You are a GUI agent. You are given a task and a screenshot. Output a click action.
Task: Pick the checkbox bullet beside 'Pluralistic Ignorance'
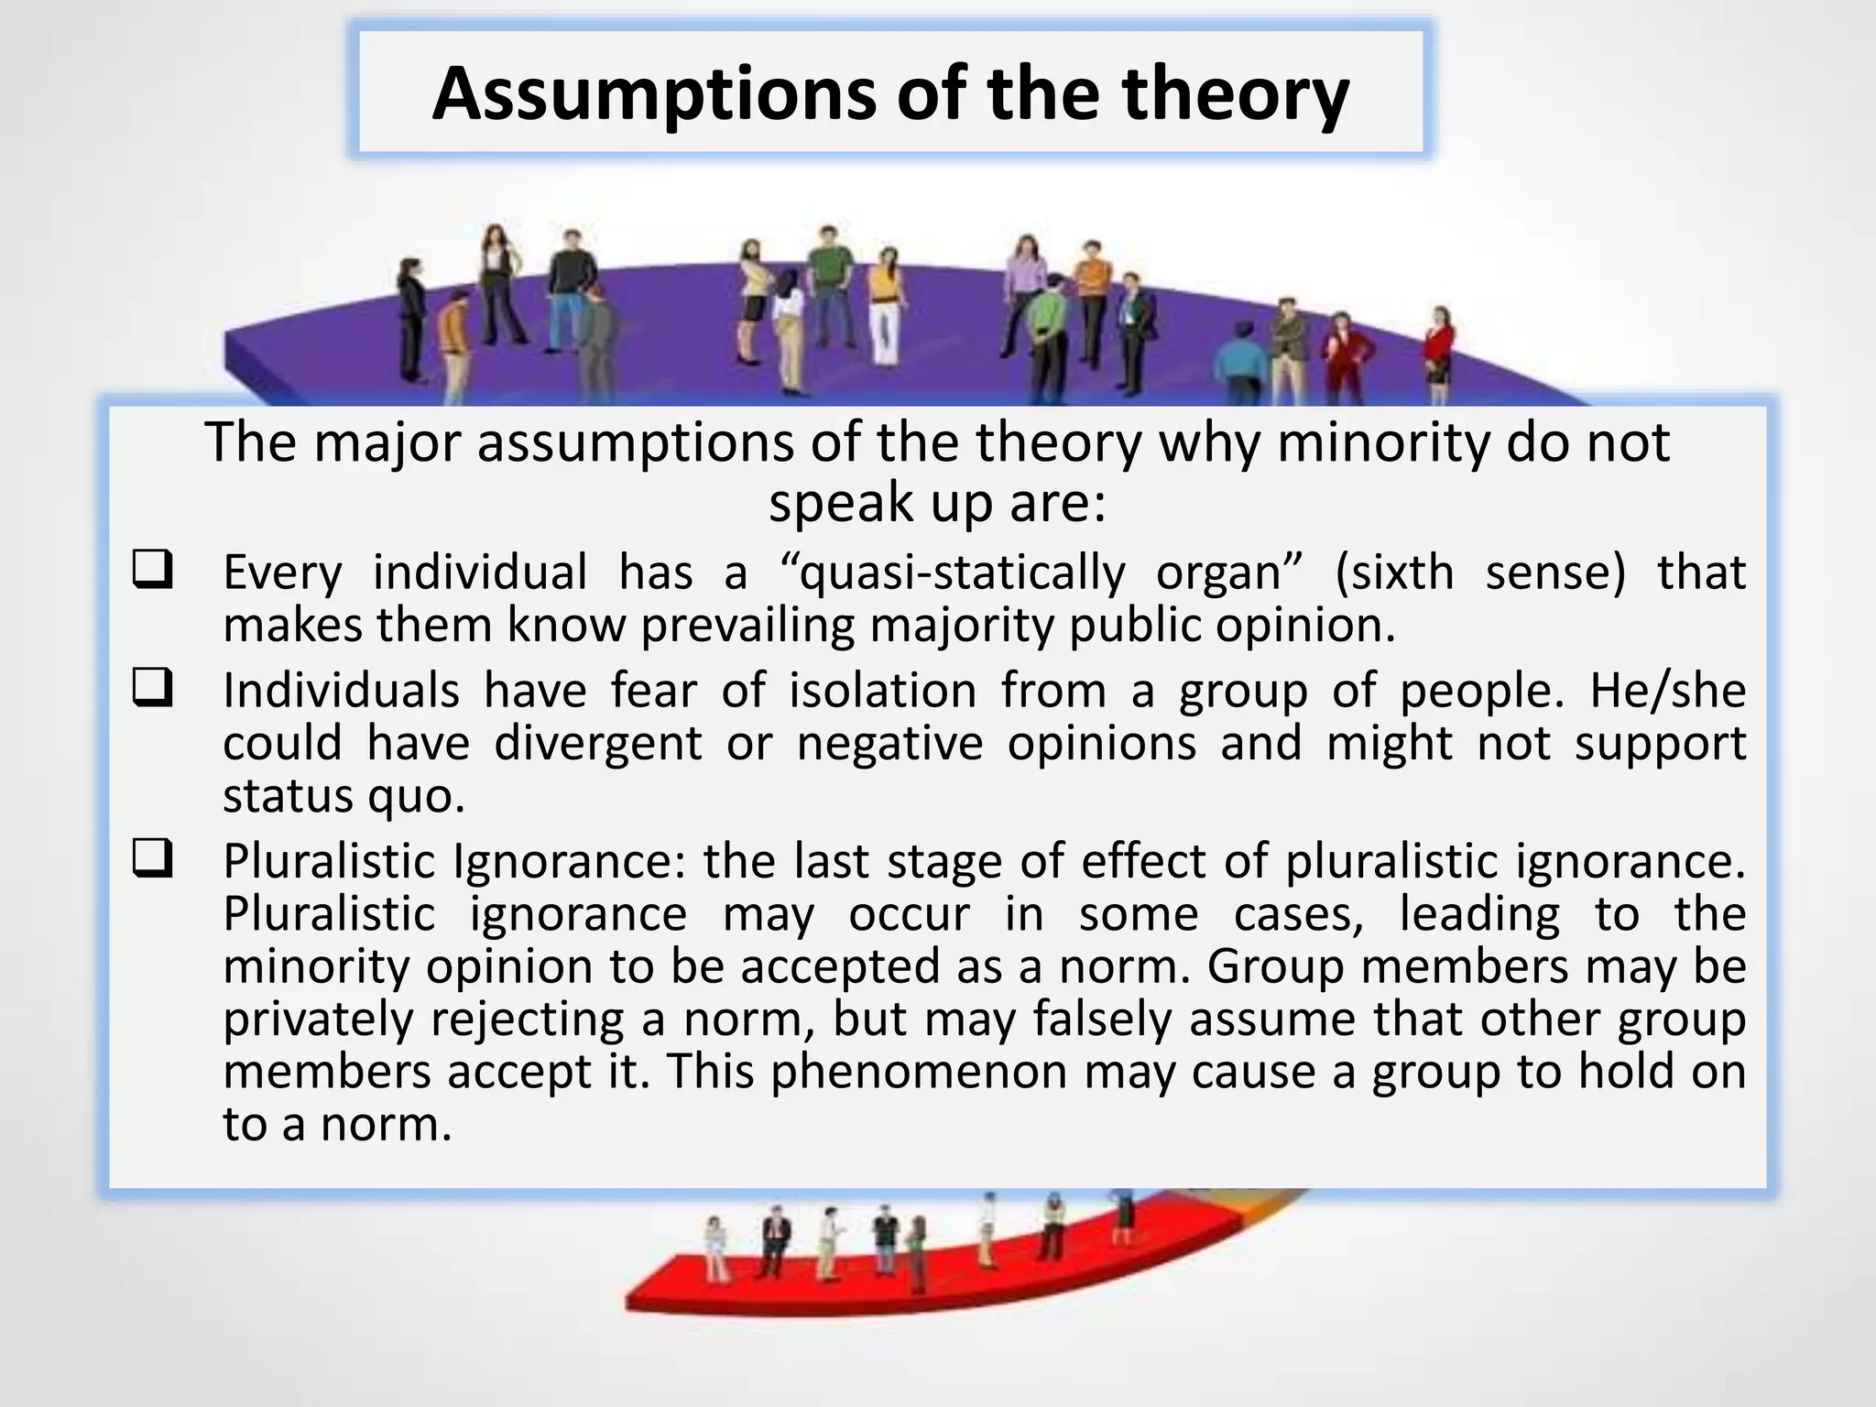click(152, 859)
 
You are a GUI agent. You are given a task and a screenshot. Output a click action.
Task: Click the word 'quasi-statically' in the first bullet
click(962, 573)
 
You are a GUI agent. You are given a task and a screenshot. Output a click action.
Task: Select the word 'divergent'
click(597, 743)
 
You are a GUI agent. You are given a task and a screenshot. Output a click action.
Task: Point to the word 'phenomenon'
click(919, 1072)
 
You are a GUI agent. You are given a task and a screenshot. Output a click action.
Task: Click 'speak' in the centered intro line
click(830, 503)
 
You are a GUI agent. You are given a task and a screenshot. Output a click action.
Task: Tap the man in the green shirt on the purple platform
click(829, 284)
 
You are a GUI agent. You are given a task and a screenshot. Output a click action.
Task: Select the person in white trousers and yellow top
click(884, 311)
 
